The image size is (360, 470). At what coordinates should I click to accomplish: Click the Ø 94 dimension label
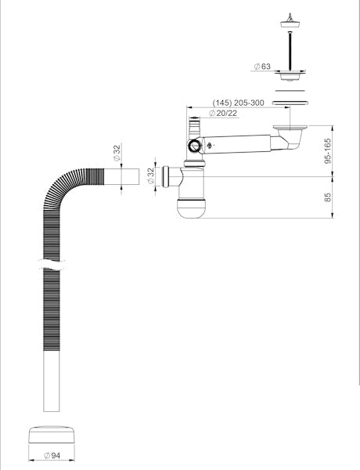tap(52, 456)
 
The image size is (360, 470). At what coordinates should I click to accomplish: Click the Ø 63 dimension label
tap(262, 67)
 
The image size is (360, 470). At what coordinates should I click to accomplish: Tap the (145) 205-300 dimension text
tap(239, 103)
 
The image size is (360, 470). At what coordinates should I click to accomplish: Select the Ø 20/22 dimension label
tap(223, 114)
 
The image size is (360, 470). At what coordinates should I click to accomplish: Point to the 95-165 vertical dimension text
tap(328, 150)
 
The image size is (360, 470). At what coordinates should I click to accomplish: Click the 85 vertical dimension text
tap(328, 197)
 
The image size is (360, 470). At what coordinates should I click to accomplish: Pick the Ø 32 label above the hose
tap(117, 153)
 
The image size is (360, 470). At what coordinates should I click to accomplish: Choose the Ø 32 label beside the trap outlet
tap(150, 175)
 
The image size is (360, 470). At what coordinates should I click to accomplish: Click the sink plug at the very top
tap(290, 20)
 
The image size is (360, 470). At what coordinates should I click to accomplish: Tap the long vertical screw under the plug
tap(290, 51)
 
